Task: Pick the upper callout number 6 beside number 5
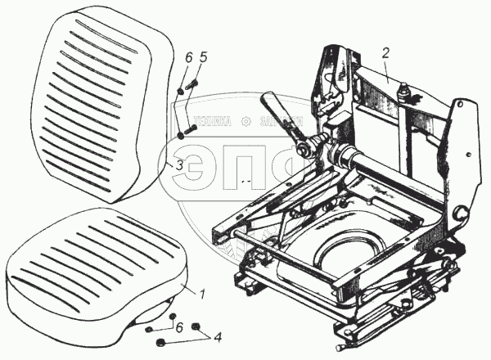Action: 188,59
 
